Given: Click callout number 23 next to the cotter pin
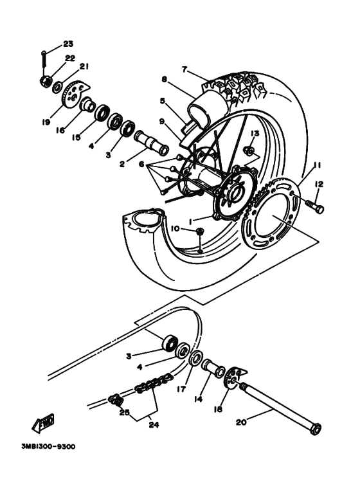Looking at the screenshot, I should [x=68, y=44].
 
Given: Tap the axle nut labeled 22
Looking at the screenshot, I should [x=46, y=82].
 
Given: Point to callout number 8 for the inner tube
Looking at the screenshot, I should [x=164, y=80].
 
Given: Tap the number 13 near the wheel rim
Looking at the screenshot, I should [x=254, y=132].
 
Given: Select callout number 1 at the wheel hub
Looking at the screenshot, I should [x=192, y=220].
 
